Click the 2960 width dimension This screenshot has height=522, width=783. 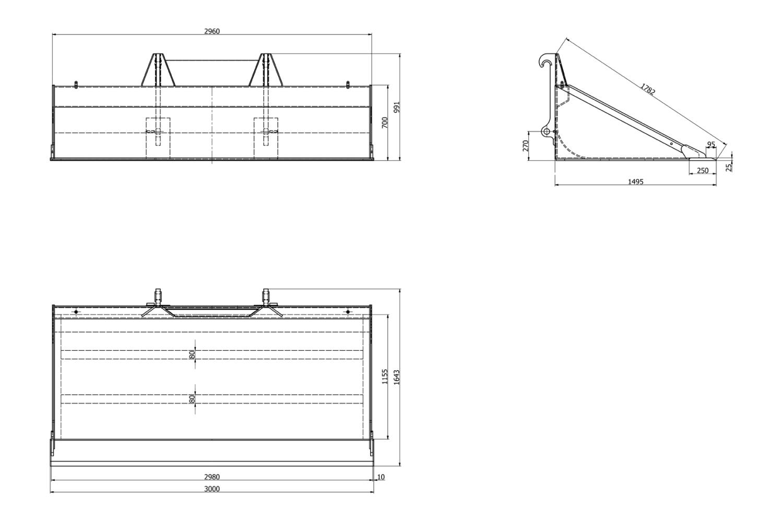[x=212, y=31]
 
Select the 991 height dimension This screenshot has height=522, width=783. [x=397, y=108]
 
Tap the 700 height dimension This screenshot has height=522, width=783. [x=385, y=123]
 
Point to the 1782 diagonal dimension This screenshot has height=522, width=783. [x=648, y=89]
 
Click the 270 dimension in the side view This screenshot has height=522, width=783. [x=525, y=146]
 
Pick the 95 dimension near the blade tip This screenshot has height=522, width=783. [x=711, y=145]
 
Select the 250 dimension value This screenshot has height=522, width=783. [x=703, y=171]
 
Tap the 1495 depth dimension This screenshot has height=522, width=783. [x=635, y=182]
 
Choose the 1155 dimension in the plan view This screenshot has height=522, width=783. [x=385, y=376]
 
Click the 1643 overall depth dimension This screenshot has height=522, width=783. [x=397, y=377]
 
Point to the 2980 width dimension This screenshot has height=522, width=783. [x=212, y=477]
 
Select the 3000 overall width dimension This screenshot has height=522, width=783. [x=212, y=489]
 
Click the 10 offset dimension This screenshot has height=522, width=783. [x=381, y=477]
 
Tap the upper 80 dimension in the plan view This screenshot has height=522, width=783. [x=192, y=354]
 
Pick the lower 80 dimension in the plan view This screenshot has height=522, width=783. [x=192, y=399]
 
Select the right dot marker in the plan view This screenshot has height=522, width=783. [x=348, y=312]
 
